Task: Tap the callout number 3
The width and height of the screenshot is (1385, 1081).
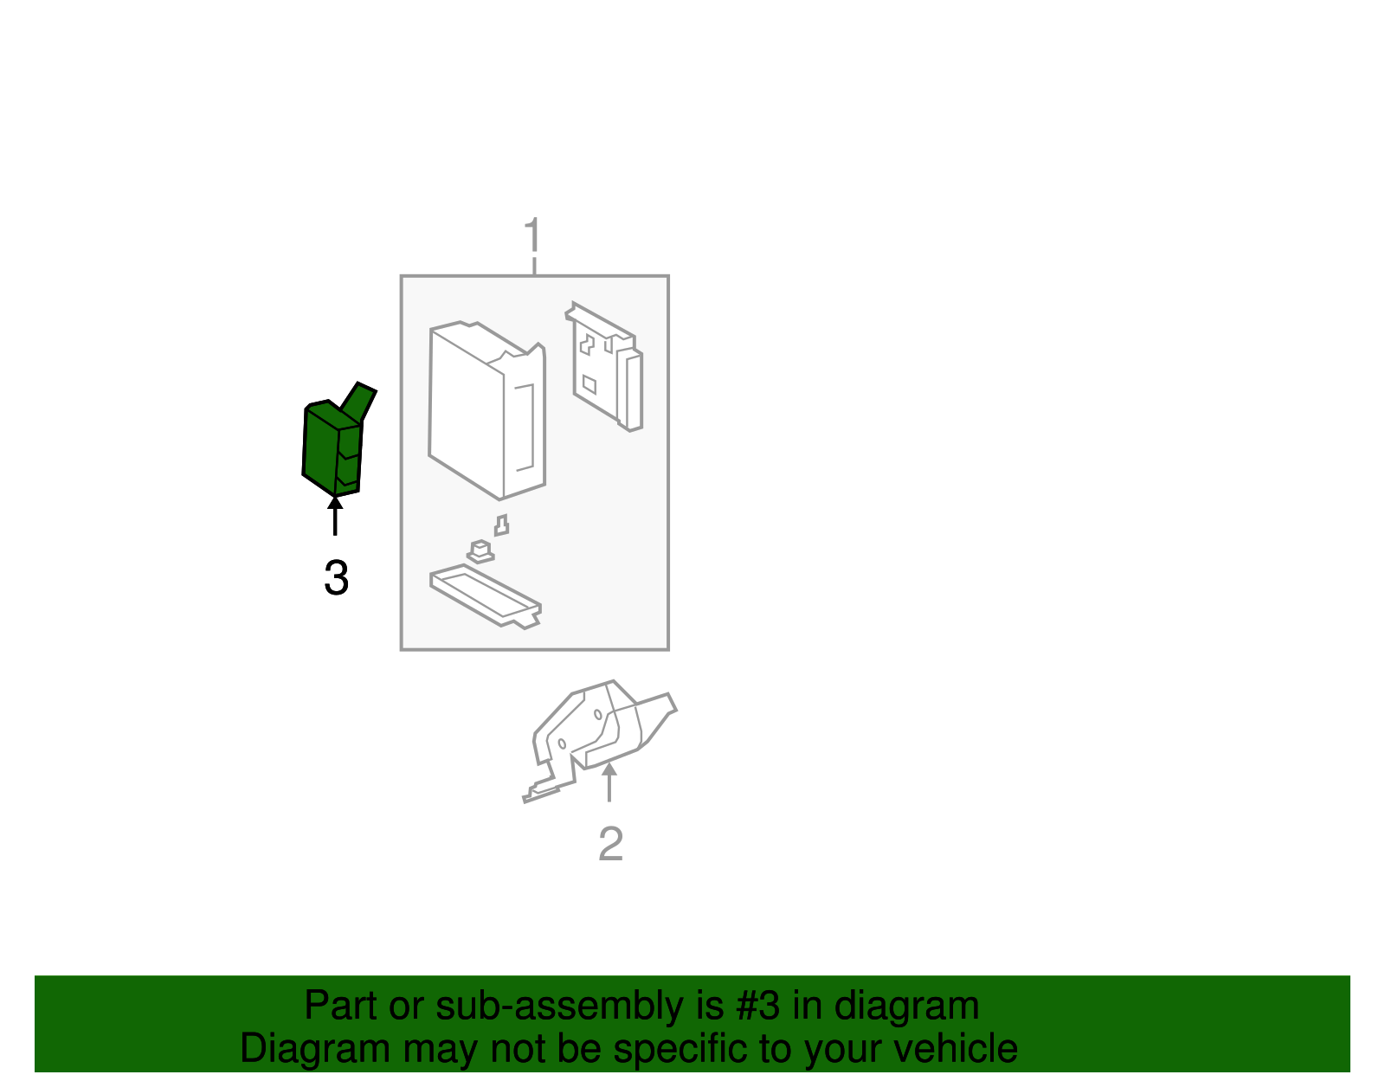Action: point(336,578)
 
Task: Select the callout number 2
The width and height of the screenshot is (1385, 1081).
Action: point(610,844)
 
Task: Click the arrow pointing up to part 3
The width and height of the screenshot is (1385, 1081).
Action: point(335,516)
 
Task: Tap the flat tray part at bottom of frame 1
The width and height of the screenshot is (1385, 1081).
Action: point(485,595)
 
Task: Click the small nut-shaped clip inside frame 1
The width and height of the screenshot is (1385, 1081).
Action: point(480,550)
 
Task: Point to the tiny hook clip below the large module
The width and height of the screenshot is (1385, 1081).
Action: point(501,525)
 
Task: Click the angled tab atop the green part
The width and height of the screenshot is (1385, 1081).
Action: point(359,400)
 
